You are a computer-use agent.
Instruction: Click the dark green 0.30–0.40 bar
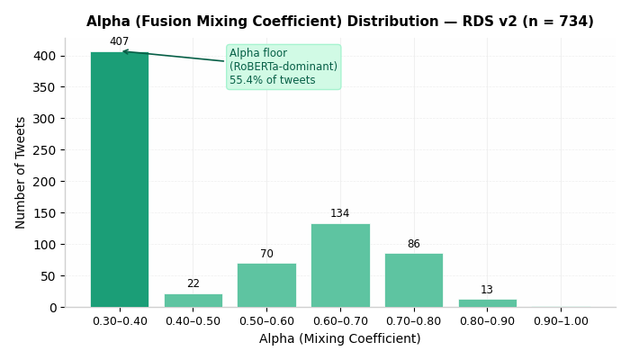tap(120, 180)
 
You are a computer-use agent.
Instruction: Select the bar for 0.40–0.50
tap(193, 301)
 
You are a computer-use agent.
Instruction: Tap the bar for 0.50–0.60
tap(266, 285)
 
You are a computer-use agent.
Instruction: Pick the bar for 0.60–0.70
tap(341, 265)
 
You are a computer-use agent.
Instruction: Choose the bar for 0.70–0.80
tap(414, 281)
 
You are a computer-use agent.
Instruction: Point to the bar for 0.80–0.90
tap(488, 303)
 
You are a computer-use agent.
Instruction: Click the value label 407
tap(120, 41)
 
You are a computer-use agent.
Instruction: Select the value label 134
tap(340, 213)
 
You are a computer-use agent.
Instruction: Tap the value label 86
tap(414, 244)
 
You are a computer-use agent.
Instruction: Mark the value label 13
tap(487, 290)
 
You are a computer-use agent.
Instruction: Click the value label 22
tap(193, 283)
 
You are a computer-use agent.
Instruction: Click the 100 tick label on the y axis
tap(45, 245)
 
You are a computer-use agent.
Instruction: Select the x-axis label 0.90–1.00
tap(561, 321)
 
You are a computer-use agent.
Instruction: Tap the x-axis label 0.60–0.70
tap(340, 321)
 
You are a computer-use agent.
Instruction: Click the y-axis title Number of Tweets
tap(20, 173)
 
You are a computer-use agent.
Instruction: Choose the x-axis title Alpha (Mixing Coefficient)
tap(340, 338)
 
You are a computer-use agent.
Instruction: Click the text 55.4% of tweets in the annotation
tap(273, 80)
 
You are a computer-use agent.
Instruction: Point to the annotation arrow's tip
tap(122, 51)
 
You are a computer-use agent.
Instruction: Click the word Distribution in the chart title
tap(393, 22)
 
